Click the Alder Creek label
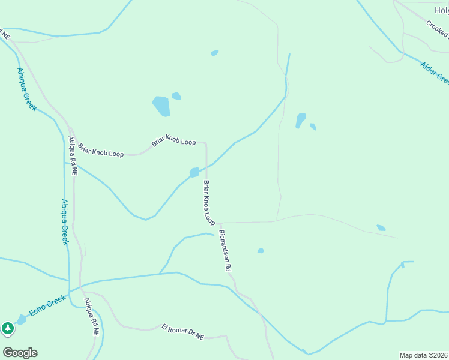tap(434, 73)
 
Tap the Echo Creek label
tap(47, 305)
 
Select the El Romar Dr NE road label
tap(182, 332)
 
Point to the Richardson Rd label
tap(225, 251)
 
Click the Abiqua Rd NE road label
tap(73, 155)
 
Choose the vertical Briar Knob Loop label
tap(209, 202)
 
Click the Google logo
tap(20, 353)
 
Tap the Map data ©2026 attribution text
tap(424, 355)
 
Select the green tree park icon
tap(7, 328)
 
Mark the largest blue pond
tap(161, 106)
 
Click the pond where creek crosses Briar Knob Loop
tap(194, 173)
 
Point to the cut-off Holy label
tap(441, 10)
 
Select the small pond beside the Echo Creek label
tap(22, 319)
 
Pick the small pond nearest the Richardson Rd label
tap(261, 251)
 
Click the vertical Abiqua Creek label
tap(65, 222)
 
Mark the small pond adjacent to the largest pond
tap(176, 96)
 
